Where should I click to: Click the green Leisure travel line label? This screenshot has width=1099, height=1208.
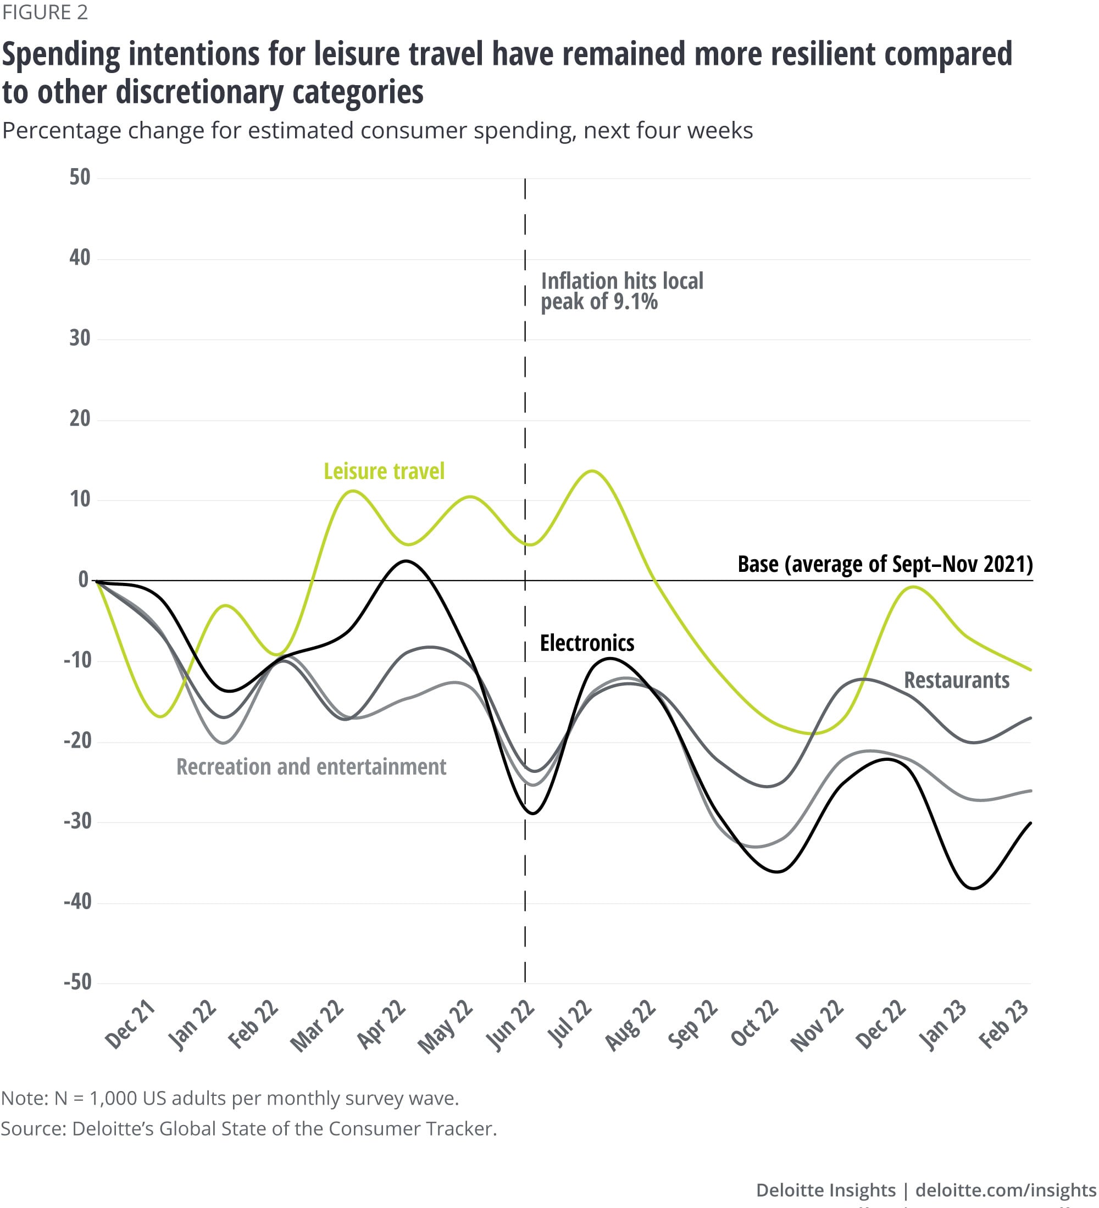click(x=384, y=471)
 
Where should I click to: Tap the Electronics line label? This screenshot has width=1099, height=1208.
click(x=587, y=643)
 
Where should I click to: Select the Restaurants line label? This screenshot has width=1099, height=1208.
click(x=956, y=680)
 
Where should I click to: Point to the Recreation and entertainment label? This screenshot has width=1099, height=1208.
click(x=311, y=767)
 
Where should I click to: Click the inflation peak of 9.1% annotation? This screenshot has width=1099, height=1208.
click(x=621, y=291)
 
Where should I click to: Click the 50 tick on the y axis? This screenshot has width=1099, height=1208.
click(x=80, y=177)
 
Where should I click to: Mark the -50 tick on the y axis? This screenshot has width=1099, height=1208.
click(x=77, y=982)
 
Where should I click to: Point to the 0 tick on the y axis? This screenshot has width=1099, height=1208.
click(x=84, y=580)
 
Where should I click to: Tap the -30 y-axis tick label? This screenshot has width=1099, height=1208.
click(x=77, y=821)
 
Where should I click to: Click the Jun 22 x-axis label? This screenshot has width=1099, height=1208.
click(x=510, y=1025)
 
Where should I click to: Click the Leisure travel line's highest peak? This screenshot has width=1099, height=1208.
click(x=592, y=471)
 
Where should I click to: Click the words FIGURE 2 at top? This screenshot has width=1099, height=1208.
click(x=45, y=12)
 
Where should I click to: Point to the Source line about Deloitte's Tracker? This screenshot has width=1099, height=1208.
click(x=249, y=1128)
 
